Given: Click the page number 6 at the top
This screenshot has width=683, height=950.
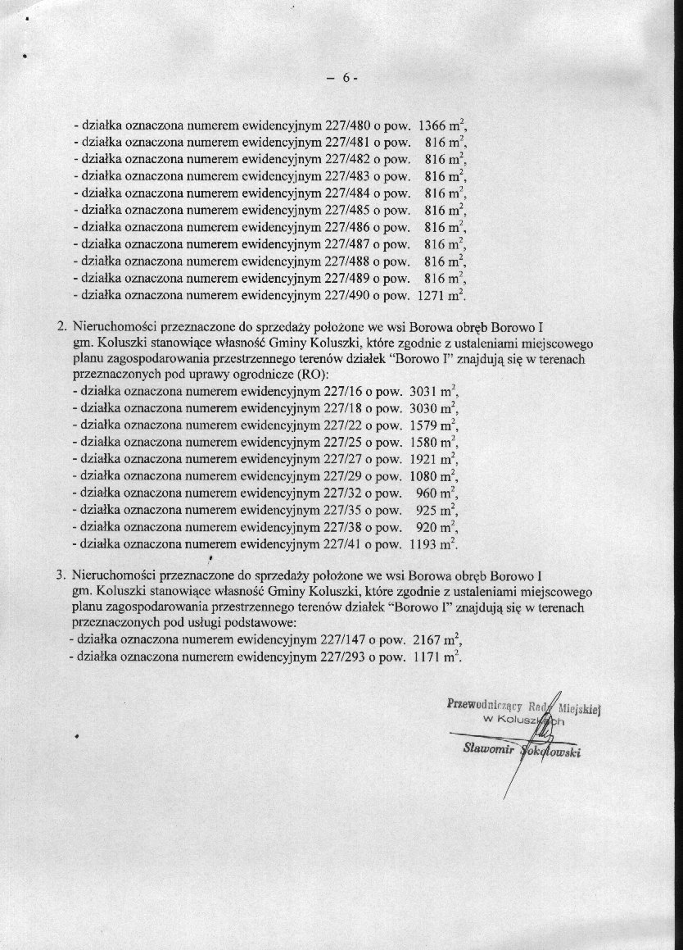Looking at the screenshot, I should click(x=346, y=79).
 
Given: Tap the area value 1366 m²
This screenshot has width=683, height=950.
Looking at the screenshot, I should click(x=442, y=127).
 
